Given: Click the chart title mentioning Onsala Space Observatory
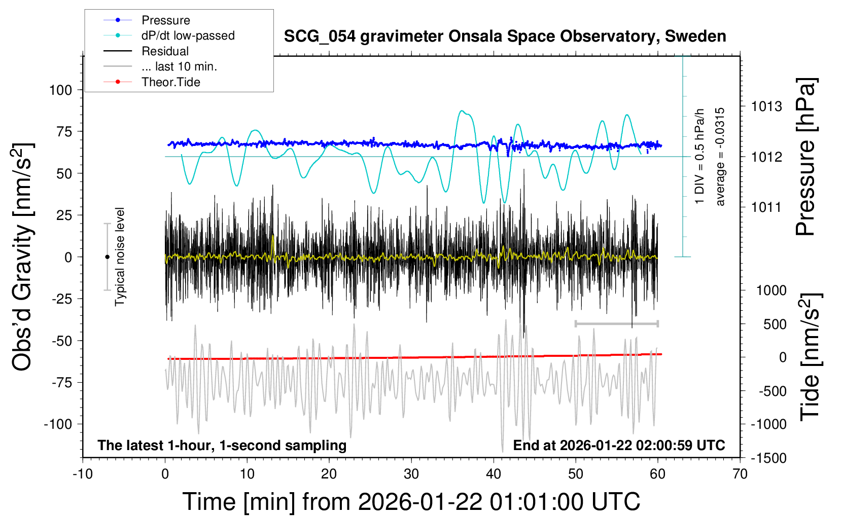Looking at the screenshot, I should pos(505,36).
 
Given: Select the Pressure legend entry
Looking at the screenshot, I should pos(165,20).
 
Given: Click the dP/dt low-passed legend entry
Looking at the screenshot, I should pos(188,35).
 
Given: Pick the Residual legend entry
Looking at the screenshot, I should pos(165,51).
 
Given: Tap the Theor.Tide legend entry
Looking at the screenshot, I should pos(170,82).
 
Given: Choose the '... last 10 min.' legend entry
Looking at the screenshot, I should pos(179,66).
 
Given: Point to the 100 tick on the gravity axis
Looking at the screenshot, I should pos(61,90).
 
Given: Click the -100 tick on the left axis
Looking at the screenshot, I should pos(58,424).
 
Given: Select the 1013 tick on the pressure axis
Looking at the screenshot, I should pos(766,106).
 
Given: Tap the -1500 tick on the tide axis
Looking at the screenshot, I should pos(768,458).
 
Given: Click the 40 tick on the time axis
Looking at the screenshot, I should pos(494,474).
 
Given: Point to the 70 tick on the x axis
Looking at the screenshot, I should pos(740,474).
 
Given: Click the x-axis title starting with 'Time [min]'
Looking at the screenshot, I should pos(411,502).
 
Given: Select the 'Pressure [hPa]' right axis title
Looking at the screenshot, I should pos(806,157).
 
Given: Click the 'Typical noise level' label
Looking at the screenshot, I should pos(120,256).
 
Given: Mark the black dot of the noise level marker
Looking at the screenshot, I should pos(107,257).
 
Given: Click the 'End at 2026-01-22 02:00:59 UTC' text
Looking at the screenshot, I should pos(619,446).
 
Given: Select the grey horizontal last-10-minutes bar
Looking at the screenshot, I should pos(616,323).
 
